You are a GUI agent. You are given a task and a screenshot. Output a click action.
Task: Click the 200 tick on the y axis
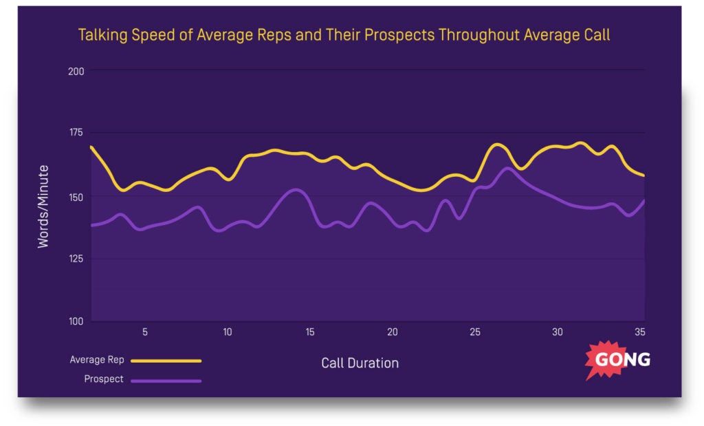click(x=75, y=71)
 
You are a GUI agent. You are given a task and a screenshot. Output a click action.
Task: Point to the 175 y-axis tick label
click(x=75, y=133)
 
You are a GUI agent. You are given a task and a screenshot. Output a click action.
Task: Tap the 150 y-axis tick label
click(x=75, y=197)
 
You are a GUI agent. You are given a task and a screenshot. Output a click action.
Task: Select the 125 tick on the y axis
click(x=75, y=259)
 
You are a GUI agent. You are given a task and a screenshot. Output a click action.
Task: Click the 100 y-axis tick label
click(x=75, y=321)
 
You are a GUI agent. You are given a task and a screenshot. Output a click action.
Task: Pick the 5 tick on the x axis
click(x=145, y=332)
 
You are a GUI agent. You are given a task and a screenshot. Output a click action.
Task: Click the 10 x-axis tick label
click(x=228, y=332)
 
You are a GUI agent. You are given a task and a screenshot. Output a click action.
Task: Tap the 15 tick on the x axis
click(x=310, y=332)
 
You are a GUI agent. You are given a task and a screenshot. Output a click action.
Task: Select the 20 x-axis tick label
click(x=393, y=332)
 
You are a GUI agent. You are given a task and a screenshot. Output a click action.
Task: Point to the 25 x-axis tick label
click(x=475, y=332)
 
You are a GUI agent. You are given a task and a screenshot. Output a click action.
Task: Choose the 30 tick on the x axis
click(x=558, y=332)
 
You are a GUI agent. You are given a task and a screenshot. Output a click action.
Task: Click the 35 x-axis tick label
click(x=639, y=332)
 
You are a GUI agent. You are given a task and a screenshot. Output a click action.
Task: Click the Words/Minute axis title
click(x=43, y=206)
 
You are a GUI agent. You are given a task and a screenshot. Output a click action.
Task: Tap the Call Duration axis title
click(x=360, y=363)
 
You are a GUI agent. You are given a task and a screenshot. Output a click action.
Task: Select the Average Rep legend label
click(x=96, y=359)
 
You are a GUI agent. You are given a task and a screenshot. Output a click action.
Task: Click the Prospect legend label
click(x=104, y=379)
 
